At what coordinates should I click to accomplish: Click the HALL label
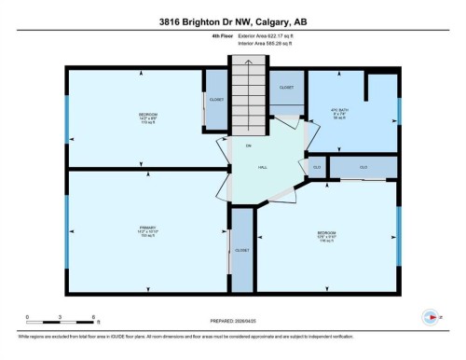pyautogui.click(x=263, y=168)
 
